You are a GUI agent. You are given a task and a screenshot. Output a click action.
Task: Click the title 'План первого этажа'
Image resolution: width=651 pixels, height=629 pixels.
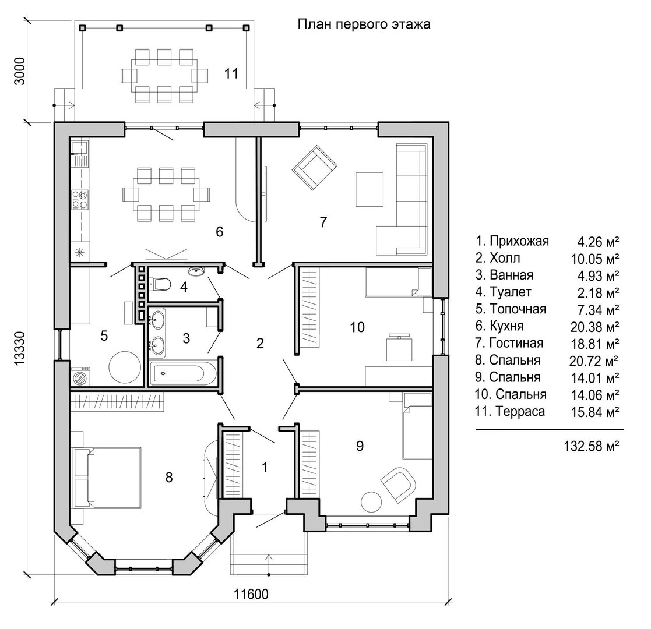[x=364, y=24]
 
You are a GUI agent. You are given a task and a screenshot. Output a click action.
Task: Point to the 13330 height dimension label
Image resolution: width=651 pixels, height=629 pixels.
[x=20, y=348]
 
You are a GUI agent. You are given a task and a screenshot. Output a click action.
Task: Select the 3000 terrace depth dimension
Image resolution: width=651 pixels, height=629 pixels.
[x=19, y=71]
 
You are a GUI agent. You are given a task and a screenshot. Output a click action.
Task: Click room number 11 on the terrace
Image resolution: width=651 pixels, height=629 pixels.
[x=231, y=73]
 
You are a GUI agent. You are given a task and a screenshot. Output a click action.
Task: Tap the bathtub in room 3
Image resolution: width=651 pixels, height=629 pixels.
[x=182, y=373]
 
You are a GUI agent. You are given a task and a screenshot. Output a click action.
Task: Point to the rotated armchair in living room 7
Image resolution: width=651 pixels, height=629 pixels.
[x=314, y=168]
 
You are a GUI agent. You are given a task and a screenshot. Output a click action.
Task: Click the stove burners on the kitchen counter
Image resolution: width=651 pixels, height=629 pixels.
[x=80, y=199]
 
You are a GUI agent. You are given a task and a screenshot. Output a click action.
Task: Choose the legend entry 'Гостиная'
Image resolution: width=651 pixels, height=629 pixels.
[x=516, y=343]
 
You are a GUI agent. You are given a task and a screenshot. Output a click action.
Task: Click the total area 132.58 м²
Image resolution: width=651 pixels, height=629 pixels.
[x=591, y=446]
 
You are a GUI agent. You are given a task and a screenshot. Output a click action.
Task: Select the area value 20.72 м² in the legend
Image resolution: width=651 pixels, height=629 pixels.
[x=594, y=361]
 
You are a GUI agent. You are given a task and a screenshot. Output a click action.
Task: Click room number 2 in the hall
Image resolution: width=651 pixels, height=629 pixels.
[x=260, y=343]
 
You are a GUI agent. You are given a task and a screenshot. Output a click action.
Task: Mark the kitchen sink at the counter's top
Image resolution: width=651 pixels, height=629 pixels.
[x=79, y=147]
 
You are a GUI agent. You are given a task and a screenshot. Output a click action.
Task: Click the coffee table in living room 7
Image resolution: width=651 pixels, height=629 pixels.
[x=369, y=189]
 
